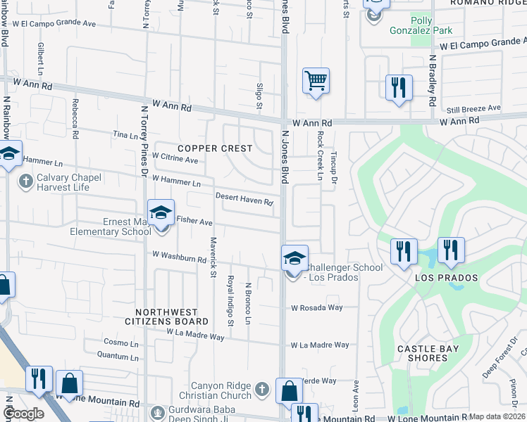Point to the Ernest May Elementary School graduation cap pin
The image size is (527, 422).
[161, 212]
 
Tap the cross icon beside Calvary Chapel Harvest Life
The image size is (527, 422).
[25, 182]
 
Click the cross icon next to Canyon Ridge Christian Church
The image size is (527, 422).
[261, 390]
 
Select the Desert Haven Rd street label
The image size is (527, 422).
[244, 200]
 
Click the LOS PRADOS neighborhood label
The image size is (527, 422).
[446, 278]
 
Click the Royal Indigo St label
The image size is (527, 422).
[230, 301]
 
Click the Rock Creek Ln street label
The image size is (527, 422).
[320, 155]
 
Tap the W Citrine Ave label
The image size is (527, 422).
[175, 159]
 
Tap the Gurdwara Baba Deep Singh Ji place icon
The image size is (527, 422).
[158, 412]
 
